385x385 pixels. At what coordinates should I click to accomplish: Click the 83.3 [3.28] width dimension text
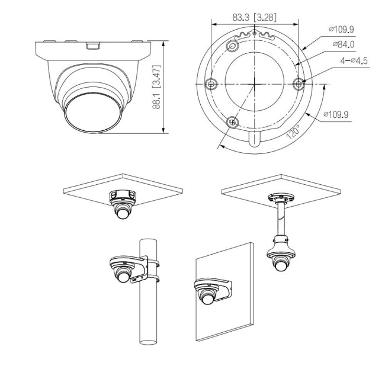(254, 17)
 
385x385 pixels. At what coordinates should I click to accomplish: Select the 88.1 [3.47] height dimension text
(156, 87)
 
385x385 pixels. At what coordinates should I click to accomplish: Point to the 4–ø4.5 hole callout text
(354, 60)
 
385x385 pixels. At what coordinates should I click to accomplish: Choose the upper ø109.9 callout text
(341, 30)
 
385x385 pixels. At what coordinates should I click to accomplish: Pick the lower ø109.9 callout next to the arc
(336, 114)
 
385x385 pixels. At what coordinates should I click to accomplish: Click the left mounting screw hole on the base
(211, 84)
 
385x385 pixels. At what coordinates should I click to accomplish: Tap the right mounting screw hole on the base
(299, 84)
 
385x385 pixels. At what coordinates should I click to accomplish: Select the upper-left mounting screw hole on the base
(232, 46)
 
